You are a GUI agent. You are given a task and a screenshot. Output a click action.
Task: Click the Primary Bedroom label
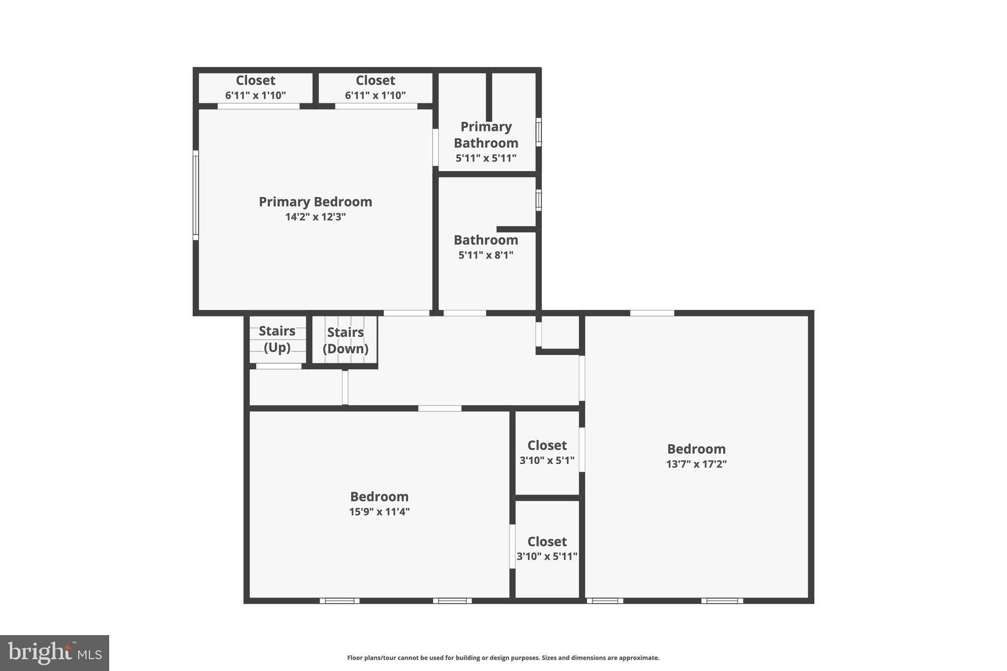(315, 202)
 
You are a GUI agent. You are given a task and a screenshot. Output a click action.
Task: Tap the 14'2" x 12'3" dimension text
(315, 217)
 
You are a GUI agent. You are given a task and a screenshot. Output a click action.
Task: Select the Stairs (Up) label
(277, 339)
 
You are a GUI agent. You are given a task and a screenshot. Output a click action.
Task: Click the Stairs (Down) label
(345, 340)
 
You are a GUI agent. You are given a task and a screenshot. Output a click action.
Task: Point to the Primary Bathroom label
(486, 135)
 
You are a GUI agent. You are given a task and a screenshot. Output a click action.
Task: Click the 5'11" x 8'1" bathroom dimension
(486, 255)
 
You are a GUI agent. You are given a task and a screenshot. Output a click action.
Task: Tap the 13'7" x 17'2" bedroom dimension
(696, 464)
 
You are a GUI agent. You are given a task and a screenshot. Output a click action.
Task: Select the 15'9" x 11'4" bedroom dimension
(379, 512)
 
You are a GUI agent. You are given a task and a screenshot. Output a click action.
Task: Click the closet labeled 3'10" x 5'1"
(547, 453)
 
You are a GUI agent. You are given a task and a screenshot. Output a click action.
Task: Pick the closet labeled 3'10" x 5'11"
(547, 549)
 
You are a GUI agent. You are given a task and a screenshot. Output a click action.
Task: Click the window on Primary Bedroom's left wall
(196, 195)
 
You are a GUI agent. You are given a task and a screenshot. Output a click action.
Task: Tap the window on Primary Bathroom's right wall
(538, 132)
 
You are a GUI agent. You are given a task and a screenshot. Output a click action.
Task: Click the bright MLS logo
(55, 653)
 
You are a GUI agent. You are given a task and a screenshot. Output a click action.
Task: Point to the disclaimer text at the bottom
(503, 658)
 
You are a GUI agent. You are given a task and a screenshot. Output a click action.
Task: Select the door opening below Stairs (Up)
(279, 366)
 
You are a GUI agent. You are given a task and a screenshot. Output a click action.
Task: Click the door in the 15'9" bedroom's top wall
(440, 408)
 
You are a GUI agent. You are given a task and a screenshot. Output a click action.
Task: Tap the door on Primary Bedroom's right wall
(435, 147)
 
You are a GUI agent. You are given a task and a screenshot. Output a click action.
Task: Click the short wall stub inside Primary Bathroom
(489, 96)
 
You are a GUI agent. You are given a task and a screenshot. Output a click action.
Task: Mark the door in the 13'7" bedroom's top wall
(652, 313)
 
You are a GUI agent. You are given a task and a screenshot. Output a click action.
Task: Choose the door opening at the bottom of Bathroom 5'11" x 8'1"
(465, 313)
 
